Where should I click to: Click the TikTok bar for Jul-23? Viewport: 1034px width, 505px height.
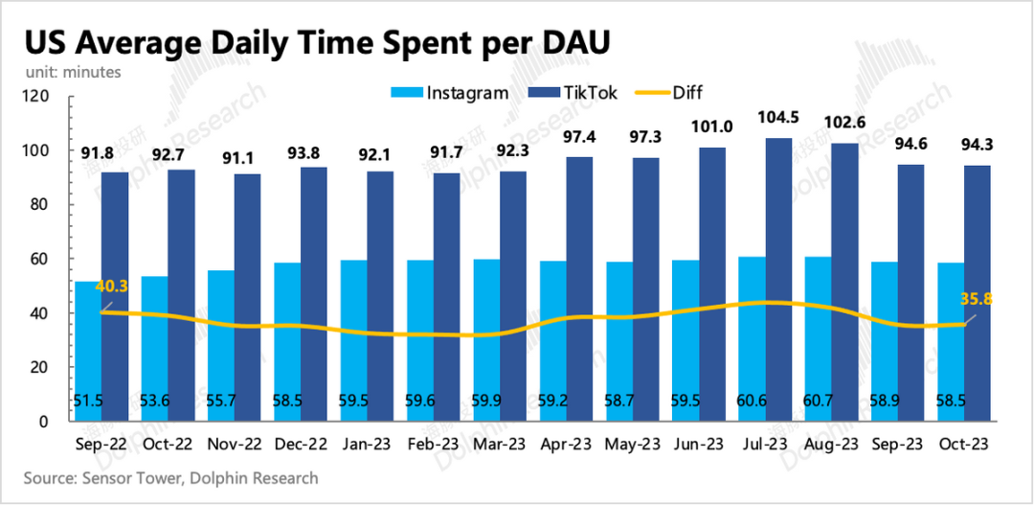point(778,279)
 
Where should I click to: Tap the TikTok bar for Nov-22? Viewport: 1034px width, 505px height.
point(247,297)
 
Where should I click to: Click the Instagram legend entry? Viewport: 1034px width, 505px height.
point(449,93)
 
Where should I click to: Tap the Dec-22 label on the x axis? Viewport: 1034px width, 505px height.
point(300,445)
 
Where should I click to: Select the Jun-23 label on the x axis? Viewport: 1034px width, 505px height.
point(699,445)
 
